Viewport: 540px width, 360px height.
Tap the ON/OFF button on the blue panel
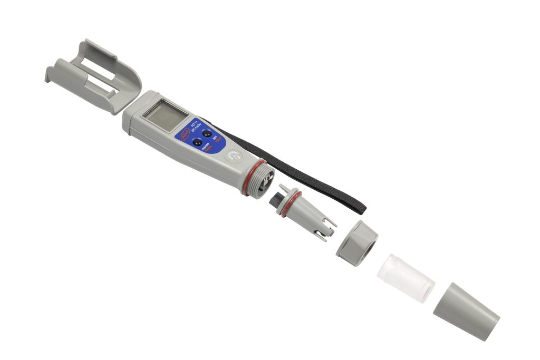197,143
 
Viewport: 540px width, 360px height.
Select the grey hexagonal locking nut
356,243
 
